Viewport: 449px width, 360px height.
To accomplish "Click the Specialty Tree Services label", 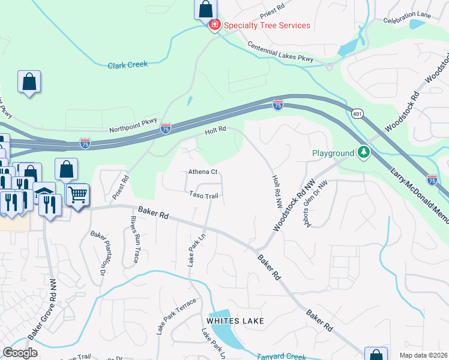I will pyautogui.click(x=267, y=25).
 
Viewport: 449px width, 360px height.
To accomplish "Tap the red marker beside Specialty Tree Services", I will pyautogui.click(x=214, y=25).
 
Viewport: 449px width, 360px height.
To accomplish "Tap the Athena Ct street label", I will pyautogui.click(x=202, y=172).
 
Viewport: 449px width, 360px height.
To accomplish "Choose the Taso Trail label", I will pyautogui.click(x=203, y=195).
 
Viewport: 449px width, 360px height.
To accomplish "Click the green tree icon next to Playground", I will pyautogui.click(x=363, y=153).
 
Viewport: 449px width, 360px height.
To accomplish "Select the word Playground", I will pyautogui.click(x=333, y=153).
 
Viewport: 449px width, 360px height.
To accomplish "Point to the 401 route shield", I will pyautogui.click(x=358, y=113).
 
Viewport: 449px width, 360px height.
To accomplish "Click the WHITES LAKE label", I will pyautogui.click(x=235, y=321).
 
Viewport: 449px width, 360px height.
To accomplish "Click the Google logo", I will pyautogui.click(x=20, y=353).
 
